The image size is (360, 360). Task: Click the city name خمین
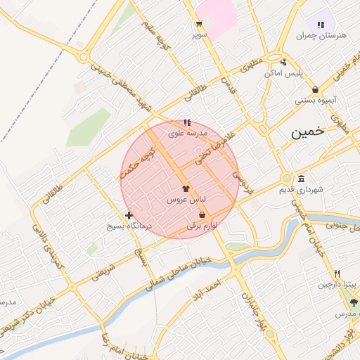311,131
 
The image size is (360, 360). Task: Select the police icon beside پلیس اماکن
283,61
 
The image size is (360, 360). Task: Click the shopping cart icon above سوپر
200,23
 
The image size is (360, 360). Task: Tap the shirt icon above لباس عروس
186,188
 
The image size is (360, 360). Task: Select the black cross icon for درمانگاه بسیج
129,216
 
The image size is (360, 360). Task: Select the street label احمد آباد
209,288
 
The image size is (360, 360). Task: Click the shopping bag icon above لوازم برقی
202,215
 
